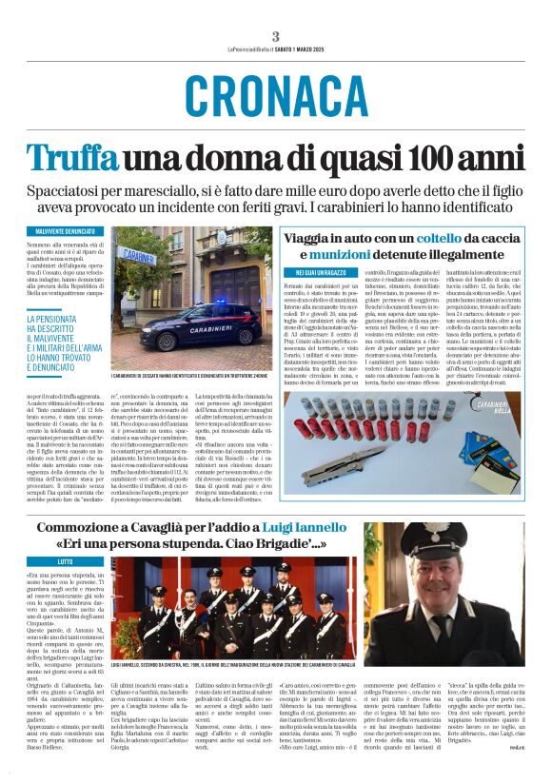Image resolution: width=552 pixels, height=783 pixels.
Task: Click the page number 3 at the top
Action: coord(275,36)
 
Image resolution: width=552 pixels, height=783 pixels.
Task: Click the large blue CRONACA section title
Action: coord(275,96)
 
